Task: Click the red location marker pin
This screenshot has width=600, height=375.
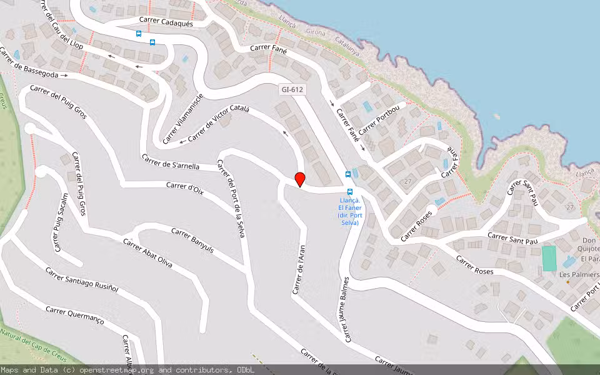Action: tap(300, 179)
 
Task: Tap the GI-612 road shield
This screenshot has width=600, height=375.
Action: tap(292, 90)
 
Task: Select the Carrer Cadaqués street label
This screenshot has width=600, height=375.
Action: tap(166, 22)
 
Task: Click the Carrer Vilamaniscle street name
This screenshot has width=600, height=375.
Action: tap(183, 119)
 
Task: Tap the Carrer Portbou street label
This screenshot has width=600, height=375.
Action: tap(382, 118)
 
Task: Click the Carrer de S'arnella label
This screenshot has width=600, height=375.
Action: tap(171, 162)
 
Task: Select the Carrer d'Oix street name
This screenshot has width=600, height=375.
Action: tap(185, 186)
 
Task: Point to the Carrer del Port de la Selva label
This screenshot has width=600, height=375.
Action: tap(231, 198)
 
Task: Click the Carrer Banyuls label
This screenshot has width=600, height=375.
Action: tap(192, 241)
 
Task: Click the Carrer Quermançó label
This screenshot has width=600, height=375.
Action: tap(75, 314)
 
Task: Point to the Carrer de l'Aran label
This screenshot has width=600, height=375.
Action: tap(298, 268)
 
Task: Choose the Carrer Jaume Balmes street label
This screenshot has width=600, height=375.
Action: tap(346, 309)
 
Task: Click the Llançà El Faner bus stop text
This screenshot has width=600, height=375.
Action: tap(349, 211)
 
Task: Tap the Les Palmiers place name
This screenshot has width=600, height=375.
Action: tap(579, 274)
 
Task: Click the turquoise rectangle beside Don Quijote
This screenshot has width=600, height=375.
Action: tap(549, 258)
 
